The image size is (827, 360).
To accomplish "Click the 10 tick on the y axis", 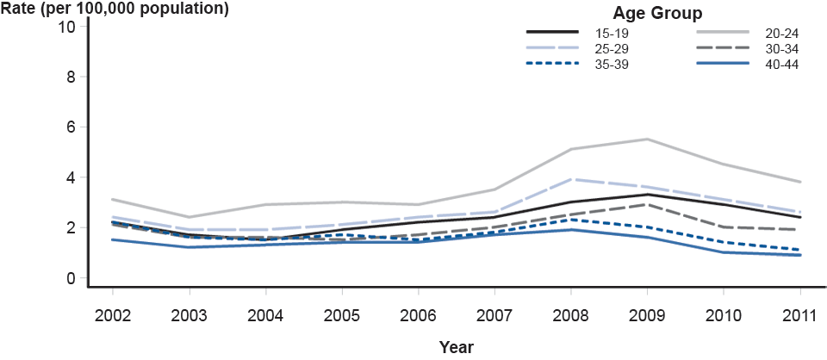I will point(67,26).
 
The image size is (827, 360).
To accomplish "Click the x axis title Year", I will point(456,347).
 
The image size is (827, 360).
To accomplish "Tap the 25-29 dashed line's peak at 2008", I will point(572,179).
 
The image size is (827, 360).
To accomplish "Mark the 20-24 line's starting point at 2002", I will point(113,200).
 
